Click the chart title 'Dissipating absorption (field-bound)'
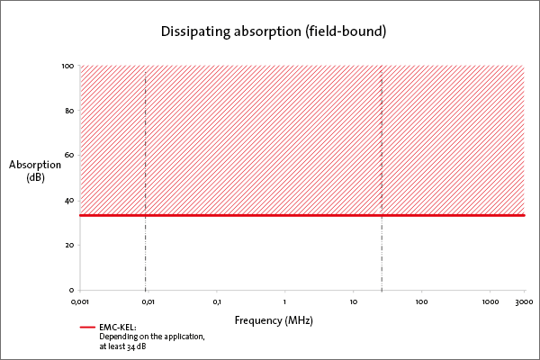click(273, 31)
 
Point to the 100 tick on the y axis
click(67, 66)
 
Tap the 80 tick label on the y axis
click(69, 111)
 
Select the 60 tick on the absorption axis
click(69, 156)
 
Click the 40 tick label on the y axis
click(69, 201)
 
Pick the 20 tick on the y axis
click(69, 245)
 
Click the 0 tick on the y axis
click(71, 290)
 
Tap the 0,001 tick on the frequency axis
click(80, 301)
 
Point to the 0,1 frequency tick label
click(217, 301)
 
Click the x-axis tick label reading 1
click(285, 301)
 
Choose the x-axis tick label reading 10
click(354, 301)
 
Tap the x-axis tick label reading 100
click(421, 301)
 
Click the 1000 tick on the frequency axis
click(490, 301)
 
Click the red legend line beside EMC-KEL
click(86, 328)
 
